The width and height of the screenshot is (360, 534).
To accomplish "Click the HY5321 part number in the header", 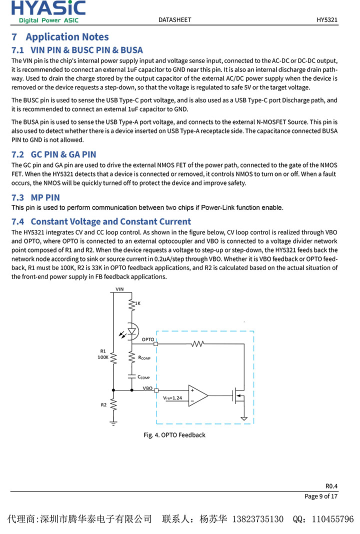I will pos(327,20).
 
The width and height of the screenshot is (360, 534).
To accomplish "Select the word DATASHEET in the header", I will pos(174,20).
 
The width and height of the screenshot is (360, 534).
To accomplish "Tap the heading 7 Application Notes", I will pos(60,37).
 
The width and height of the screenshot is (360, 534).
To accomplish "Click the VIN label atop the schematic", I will pos(119,289).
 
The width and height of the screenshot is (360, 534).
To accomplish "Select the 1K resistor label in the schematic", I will pos(138,303).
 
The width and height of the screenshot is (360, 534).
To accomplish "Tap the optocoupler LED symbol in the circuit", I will pos(132,331).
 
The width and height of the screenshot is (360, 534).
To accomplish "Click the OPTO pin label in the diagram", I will pos(147,339).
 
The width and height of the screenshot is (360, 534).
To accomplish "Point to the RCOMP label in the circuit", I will pos(144,358).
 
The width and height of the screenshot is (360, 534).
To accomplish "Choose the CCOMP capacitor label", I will pos(143,377).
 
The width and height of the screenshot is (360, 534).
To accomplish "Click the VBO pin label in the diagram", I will pos(147,387).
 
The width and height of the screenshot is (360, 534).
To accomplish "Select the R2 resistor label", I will pos(104,404).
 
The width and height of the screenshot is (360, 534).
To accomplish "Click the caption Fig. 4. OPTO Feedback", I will pos(174,435).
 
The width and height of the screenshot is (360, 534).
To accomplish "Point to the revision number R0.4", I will pos(331,486).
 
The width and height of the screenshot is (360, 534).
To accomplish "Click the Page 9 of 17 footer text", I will pos(321,496).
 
